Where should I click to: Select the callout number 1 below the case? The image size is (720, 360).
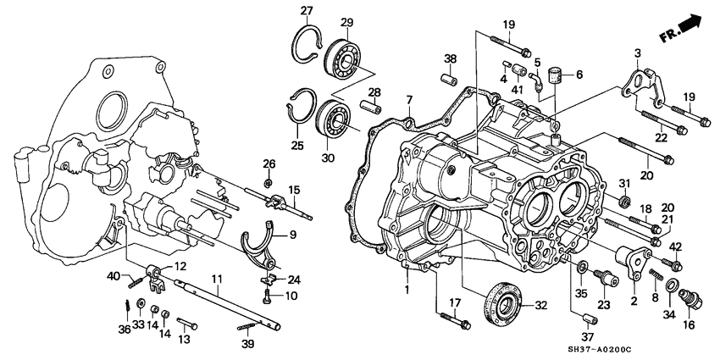(406, 290)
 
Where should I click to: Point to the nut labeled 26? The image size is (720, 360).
(268, 182)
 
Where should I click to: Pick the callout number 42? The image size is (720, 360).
(675, 246)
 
